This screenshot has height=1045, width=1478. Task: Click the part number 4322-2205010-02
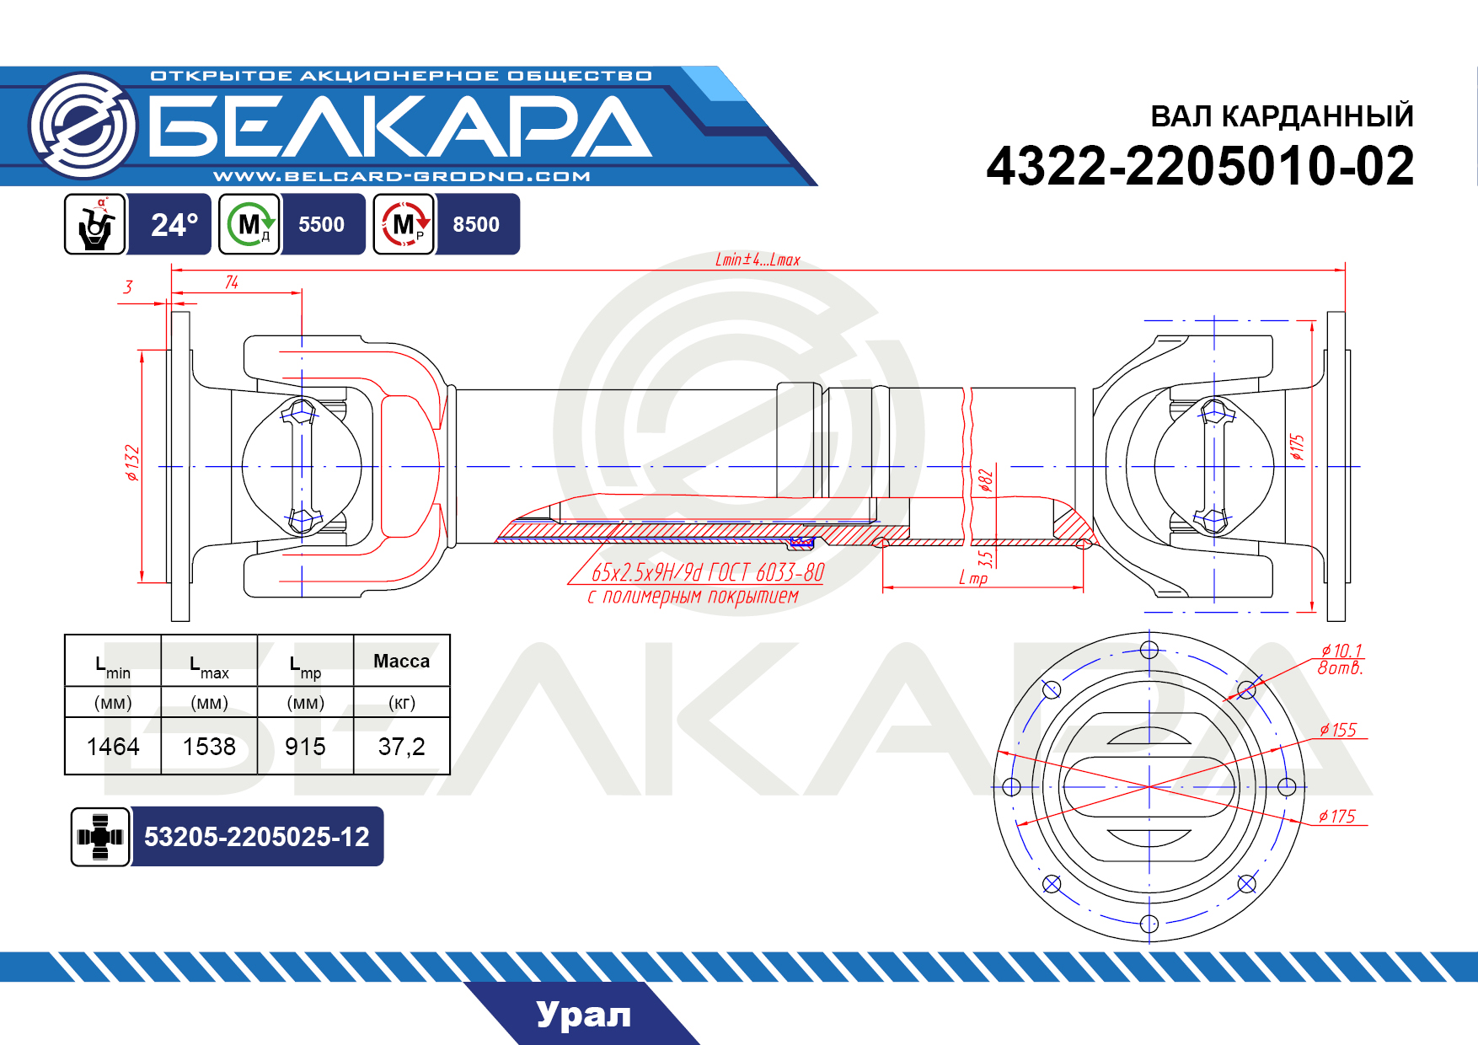(x=1200, y=166)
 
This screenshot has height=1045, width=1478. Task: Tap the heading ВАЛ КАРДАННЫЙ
(x=1282, y=115)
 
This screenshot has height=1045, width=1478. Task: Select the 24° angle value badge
(x=174, y=224)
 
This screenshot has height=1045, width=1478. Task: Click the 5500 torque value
(x=321, y=224)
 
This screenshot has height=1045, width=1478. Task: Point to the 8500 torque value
(x=476, y=224)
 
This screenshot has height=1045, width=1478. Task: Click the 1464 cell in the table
(x=113, y=747)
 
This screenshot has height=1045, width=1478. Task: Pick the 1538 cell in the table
(x=209, y=747)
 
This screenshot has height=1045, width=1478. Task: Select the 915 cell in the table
(x=305, y=747)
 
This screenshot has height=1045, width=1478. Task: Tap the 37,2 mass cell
(x=401, y=747)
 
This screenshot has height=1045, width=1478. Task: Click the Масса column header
(x=401, y=662)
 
